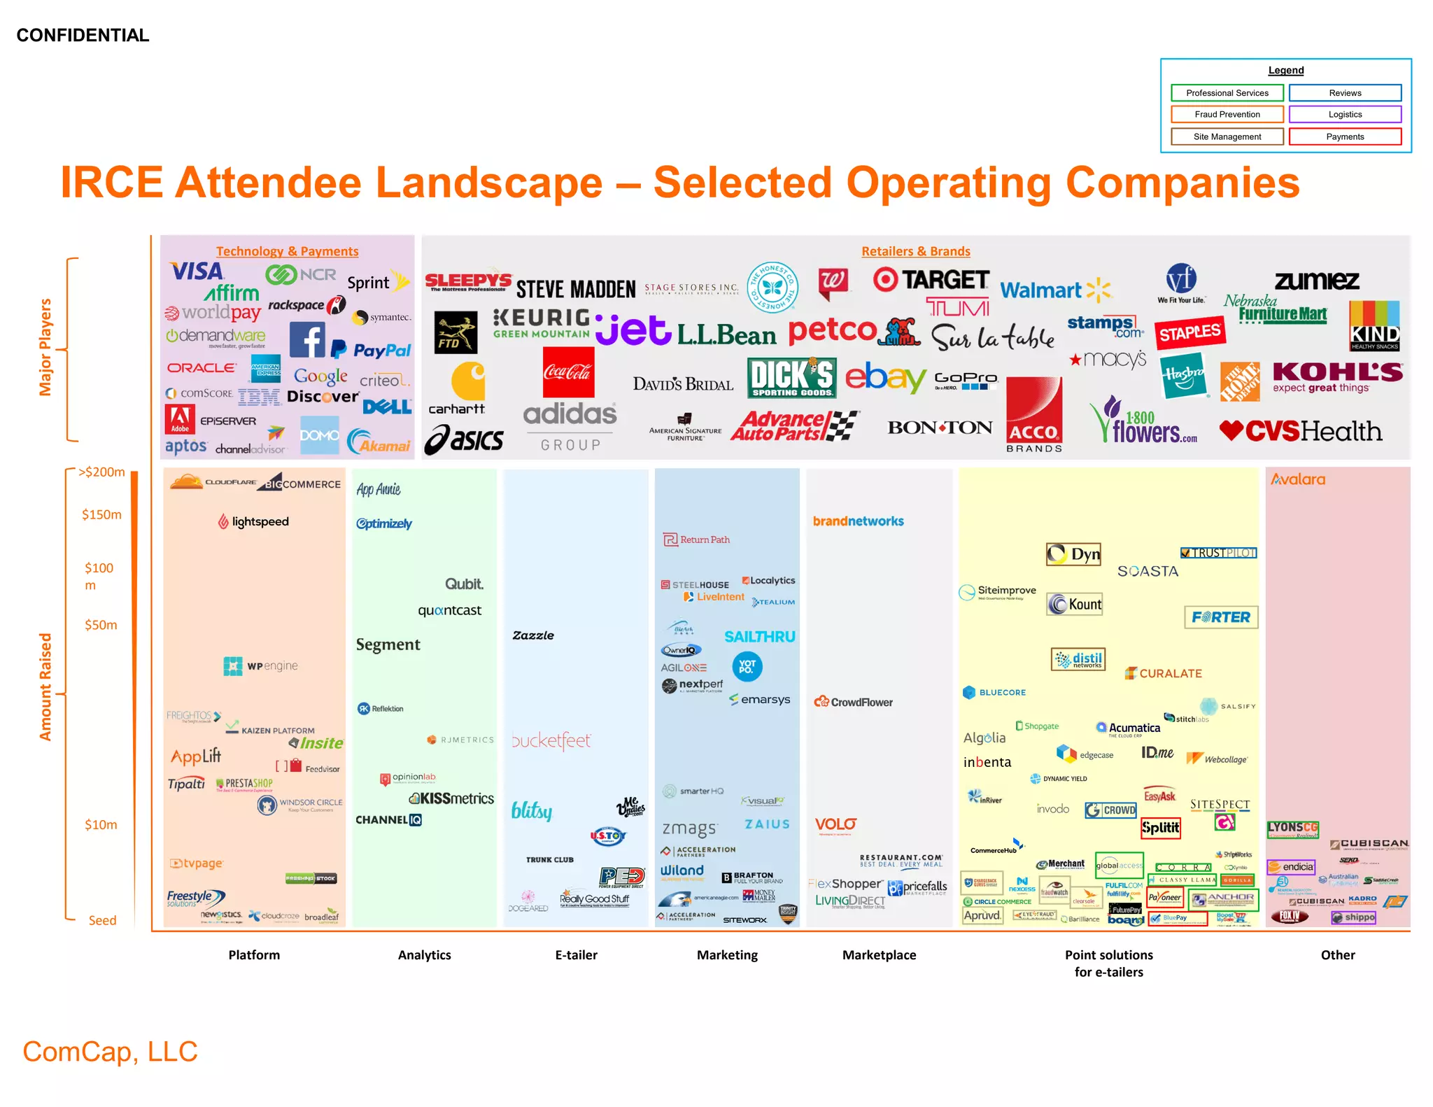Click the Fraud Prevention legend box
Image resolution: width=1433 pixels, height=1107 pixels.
1227,114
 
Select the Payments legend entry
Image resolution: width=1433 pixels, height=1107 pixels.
1344,136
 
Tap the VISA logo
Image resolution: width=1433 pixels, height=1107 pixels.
197,271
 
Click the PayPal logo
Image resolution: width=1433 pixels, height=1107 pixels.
372,349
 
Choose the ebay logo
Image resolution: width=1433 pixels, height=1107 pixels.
885,378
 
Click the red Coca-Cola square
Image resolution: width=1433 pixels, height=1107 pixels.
568,372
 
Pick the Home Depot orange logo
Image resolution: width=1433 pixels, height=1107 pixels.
1239,381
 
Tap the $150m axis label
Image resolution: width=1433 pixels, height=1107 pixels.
101,514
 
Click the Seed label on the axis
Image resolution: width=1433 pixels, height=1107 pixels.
102,920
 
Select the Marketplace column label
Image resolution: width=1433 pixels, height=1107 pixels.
879,954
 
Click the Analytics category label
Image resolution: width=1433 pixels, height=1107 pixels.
424,954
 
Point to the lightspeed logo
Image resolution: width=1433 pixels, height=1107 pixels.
253,521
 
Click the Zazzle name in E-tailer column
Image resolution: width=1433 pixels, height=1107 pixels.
533,635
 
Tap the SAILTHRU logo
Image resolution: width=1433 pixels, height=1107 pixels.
759,637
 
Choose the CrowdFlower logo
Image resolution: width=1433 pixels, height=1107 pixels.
854,702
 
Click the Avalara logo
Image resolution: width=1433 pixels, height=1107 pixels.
1298,479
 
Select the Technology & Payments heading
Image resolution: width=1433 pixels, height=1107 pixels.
287,251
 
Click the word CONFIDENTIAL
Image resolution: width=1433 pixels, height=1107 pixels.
83,35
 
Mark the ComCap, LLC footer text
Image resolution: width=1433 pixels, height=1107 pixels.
110,1051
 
